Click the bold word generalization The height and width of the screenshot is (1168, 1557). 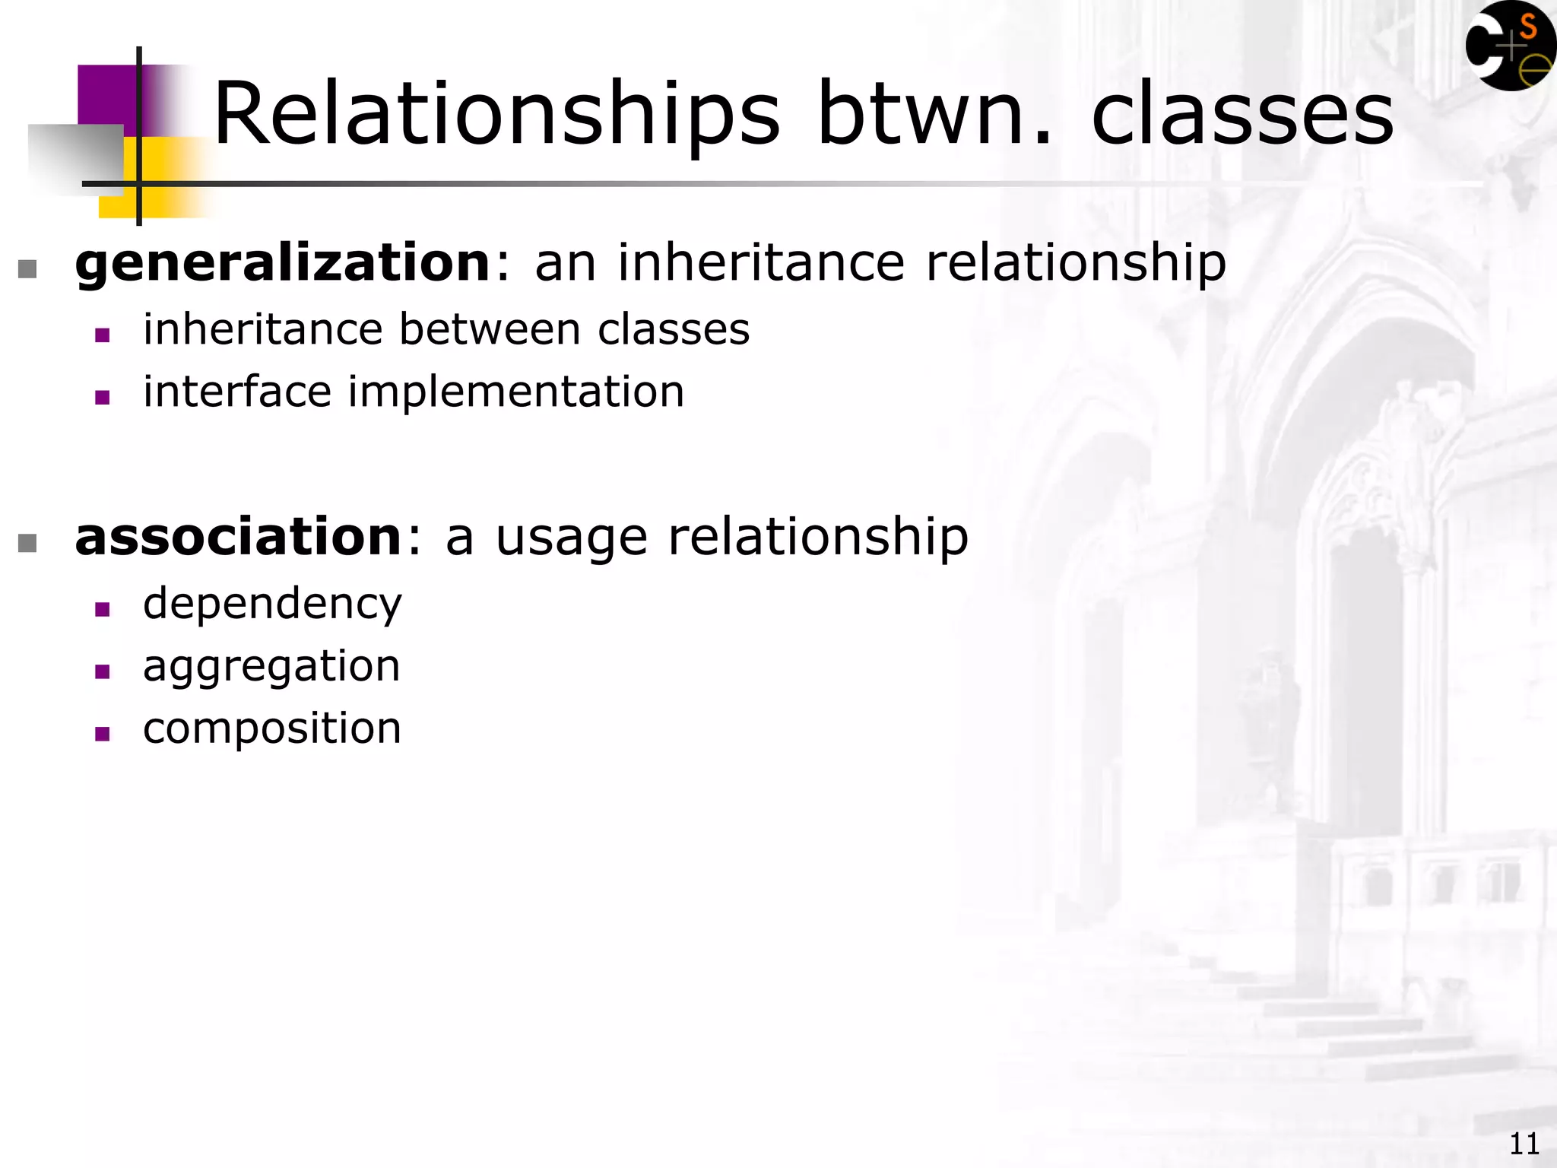pos(283,263)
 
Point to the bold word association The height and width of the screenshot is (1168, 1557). pos(238,537)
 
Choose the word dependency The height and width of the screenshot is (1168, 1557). pos(272,605)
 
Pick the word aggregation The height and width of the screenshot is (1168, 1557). pos(271,667)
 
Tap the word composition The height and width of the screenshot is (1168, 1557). pos(272,728)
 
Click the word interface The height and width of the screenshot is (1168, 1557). pos(237,392)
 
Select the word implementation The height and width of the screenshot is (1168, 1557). pos(516,392)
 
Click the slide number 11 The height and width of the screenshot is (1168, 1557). pos(1524,1144)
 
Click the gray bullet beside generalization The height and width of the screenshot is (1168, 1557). pos(27,269)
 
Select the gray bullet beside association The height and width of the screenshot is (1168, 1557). pos(27,543)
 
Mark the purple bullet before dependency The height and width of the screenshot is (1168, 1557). pos(103,609)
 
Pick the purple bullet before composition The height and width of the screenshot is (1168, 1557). pos(103,734)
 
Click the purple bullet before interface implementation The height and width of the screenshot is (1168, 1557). pos(103,397)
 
